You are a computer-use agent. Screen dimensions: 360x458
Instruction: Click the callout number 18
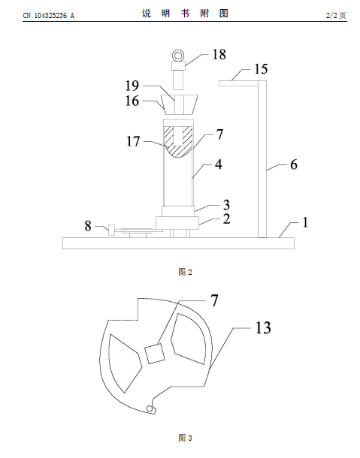click(x=219, y=54)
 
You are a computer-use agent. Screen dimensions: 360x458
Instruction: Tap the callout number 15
click(x=261, y=69)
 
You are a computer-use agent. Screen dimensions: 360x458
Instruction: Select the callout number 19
click(x=132, y=86)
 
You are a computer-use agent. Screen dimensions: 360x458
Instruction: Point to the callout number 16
click(x=132, y=101)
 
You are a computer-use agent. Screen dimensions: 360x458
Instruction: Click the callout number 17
click(x=133, y=141)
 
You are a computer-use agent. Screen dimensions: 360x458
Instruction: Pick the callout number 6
click(x=294, y=164)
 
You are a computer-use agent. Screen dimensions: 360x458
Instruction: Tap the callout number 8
click(x=88, y=226)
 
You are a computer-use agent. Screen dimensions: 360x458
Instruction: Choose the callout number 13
click(x=263, y=327)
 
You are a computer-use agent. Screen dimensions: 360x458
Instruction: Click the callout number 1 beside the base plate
click(x=305, y=222)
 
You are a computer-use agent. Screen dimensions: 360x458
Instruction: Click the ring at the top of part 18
click(x=178, y=56)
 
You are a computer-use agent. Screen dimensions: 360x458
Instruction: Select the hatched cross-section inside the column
click(x=178, y=142)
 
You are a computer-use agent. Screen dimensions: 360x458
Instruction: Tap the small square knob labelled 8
click(x=111, y=230)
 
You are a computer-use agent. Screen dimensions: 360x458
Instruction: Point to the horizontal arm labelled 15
click(x=239, y=83)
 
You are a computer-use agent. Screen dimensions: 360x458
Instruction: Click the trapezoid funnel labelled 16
click(x=180, y=104)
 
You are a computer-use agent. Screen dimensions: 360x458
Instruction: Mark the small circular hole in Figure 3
click(x=150, y=408)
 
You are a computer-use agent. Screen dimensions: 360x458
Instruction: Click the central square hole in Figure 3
click(x=155, y=354)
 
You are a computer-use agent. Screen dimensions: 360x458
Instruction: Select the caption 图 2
click(x=185, y=272)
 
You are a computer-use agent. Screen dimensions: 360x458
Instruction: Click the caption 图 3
click(x=185, y=438)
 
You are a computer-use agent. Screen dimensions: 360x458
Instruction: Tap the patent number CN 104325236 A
click(x=49, y=16)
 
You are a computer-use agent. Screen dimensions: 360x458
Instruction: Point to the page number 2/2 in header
click(x=331, y=15)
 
